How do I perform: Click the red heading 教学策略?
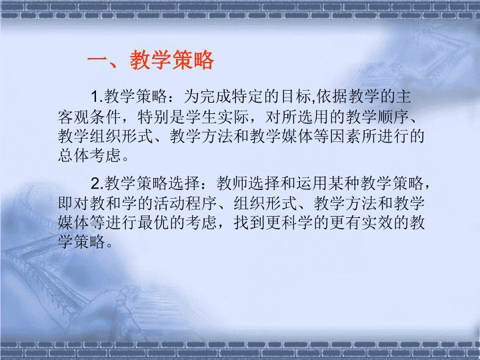click(172, 60)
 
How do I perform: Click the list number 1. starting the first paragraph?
click(97, 97)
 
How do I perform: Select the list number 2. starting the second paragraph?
click(97, 183)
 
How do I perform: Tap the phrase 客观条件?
click(89, 117)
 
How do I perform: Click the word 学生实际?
click(217, 117)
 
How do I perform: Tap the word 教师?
click(233, 183)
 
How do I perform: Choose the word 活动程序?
click(185, 203)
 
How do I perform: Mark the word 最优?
click(153, 222)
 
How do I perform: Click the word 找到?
click(249, 222)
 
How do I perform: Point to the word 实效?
click(377, 222)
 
